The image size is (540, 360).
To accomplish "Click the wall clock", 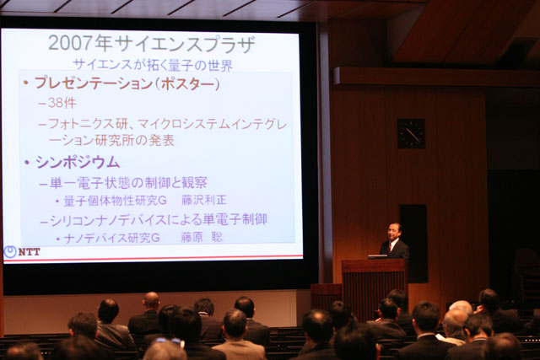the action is pyautogui.click(x=411, y=133).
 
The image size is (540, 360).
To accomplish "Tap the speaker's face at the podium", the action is pyautogui.click(x=393, y=233).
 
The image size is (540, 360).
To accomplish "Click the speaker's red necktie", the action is pyautogui.click(x=390, y=247).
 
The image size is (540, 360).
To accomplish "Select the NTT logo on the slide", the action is pyautogui.click(x=22, y=251).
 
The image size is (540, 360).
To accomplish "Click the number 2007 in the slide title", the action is pyautogui.click(x=71, y=43).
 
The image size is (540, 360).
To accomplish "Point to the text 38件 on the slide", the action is pyautogui.click(x=62, y=103).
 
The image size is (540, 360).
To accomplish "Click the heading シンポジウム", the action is pyautogui.click(x=78, y=162).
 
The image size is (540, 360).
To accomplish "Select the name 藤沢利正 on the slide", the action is pyautogui.click(x=204, y=200).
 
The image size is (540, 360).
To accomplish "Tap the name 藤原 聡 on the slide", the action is pyautogui.click(x=202, y=237).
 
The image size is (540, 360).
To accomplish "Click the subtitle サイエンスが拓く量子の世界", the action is pyautogui.click(x=154, y=65).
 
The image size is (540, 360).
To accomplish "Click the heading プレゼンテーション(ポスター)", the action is pyautogui.click(x=127, y=83).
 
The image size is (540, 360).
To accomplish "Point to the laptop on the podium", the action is pyautogui.click(x=377, y=256).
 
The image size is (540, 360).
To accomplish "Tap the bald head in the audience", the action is pyautogui.click(x=151, y=300).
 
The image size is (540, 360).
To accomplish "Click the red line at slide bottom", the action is pyautogui.click(x=154, y=258).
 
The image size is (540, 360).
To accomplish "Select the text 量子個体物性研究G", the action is pyautogui.click(x=116, y=201).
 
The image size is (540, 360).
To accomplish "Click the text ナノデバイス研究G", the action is pyautogui.click(x=112, y=238).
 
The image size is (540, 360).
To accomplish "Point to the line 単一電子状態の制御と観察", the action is pyautogui.click(x=128, y=183).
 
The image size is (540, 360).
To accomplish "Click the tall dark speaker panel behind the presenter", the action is pyautogui.click(x=413, y=244).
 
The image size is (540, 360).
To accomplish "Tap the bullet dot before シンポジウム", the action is pyautogui.click(x=27, y=163).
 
